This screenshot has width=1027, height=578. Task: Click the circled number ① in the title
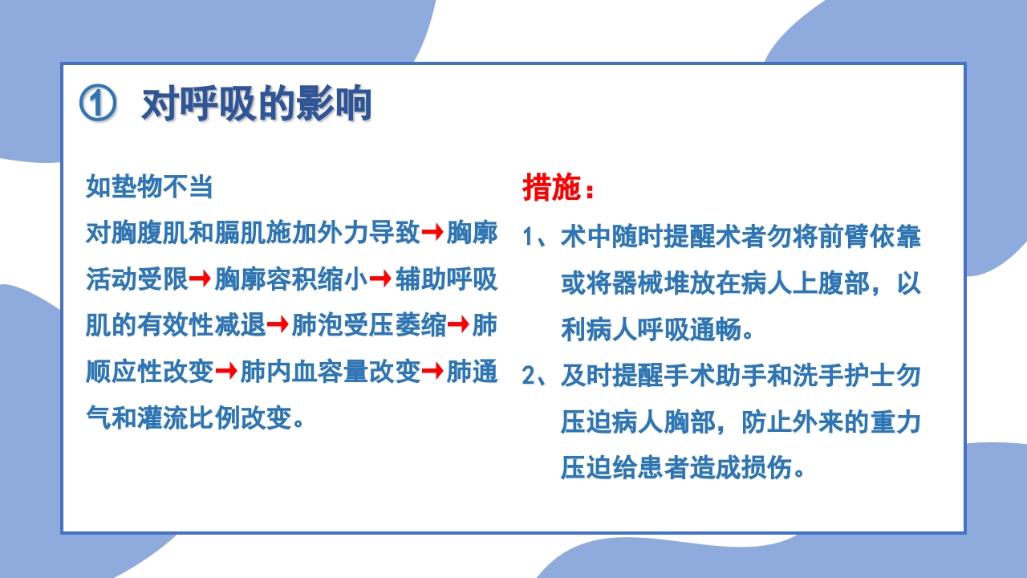[98, 104]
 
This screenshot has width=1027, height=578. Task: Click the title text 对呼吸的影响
[256, 104]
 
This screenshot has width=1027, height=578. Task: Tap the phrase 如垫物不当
[149, 187]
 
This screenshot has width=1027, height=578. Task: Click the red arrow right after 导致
[433, 233]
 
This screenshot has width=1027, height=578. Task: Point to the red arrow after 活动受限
[201, 279]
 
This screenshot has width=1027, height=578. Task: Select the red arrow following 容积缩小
[381, 279]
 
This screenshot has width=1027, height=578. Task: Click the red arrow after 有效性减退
[278, 325]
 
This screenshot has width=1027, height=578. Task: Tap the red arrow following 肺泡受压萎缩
[459, 325]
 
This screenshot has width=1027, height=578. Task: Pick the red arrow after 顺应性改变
[227, 371]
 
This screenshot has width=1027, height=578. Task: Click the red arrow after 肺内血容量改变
[433, 371]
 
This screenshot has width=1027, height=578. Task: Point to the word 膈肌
[240, 234]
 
